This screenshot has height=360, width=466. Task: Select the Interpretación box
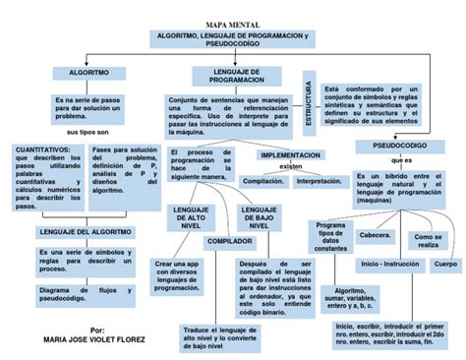(319, 182)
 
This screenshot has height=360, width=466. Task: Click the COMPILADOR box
(228, 241)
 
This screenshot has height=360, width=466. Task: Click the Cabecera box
(376, 236)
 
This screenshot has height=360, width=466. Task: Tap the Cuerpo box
(444, 265)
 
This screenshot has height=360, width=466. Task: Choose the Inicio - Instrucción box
(389, 265)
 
